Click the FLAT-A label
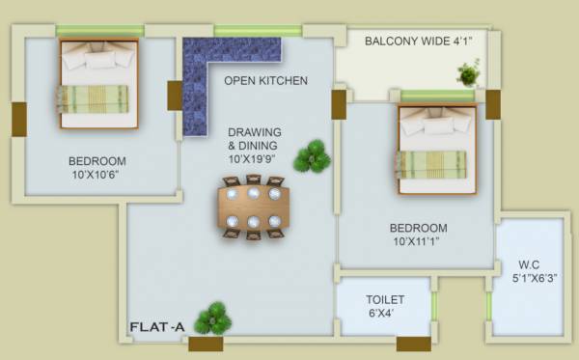coord(157,328)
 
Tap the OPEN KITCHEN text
coord(265,81)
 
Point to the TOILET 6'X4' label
coord(384,306)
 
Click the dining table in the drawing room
coord(254,206)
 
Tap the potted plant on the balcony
coord(468,72)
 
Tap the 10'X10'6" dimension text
coord(98,177)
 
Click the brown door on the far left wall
coord(19,119)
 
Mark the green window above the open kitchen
coord(257,31)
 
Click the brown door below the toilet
coord(413,344)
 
